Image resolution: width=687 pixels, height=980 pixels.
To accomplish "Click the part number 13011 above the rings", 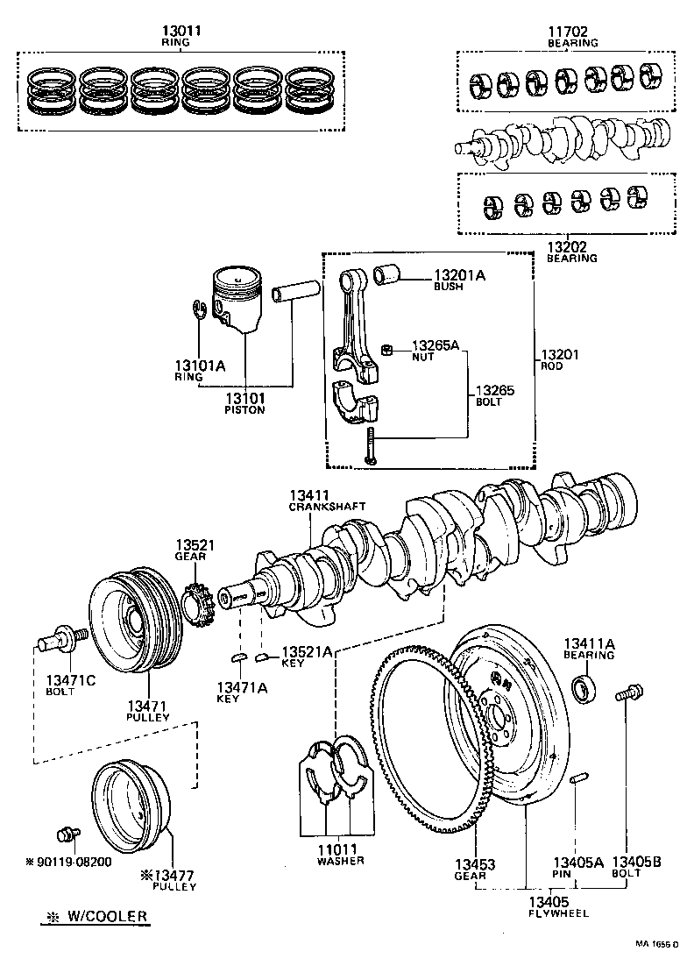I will (182, 31).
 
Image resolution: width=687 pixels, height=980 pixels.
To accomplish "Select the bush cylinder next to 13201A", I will (388, 274).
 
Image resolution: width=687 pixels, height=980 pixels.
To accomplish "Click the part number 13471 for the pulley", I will (146, 706).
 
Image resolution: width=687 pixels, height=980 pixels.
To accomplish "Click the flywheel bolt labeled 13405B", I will (631, 694).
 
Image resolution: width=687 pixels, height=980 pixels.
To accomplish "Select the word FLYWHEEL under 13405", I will (559, 913).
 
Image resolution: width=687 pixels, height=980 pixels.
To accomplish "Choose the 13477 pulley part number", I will (173, 875).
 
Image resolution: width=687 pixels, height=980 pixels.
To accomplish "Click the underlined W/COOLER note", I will (95, 917).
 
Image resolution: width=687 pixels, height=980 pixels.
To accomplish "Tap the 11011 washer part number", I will (335, 849).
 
